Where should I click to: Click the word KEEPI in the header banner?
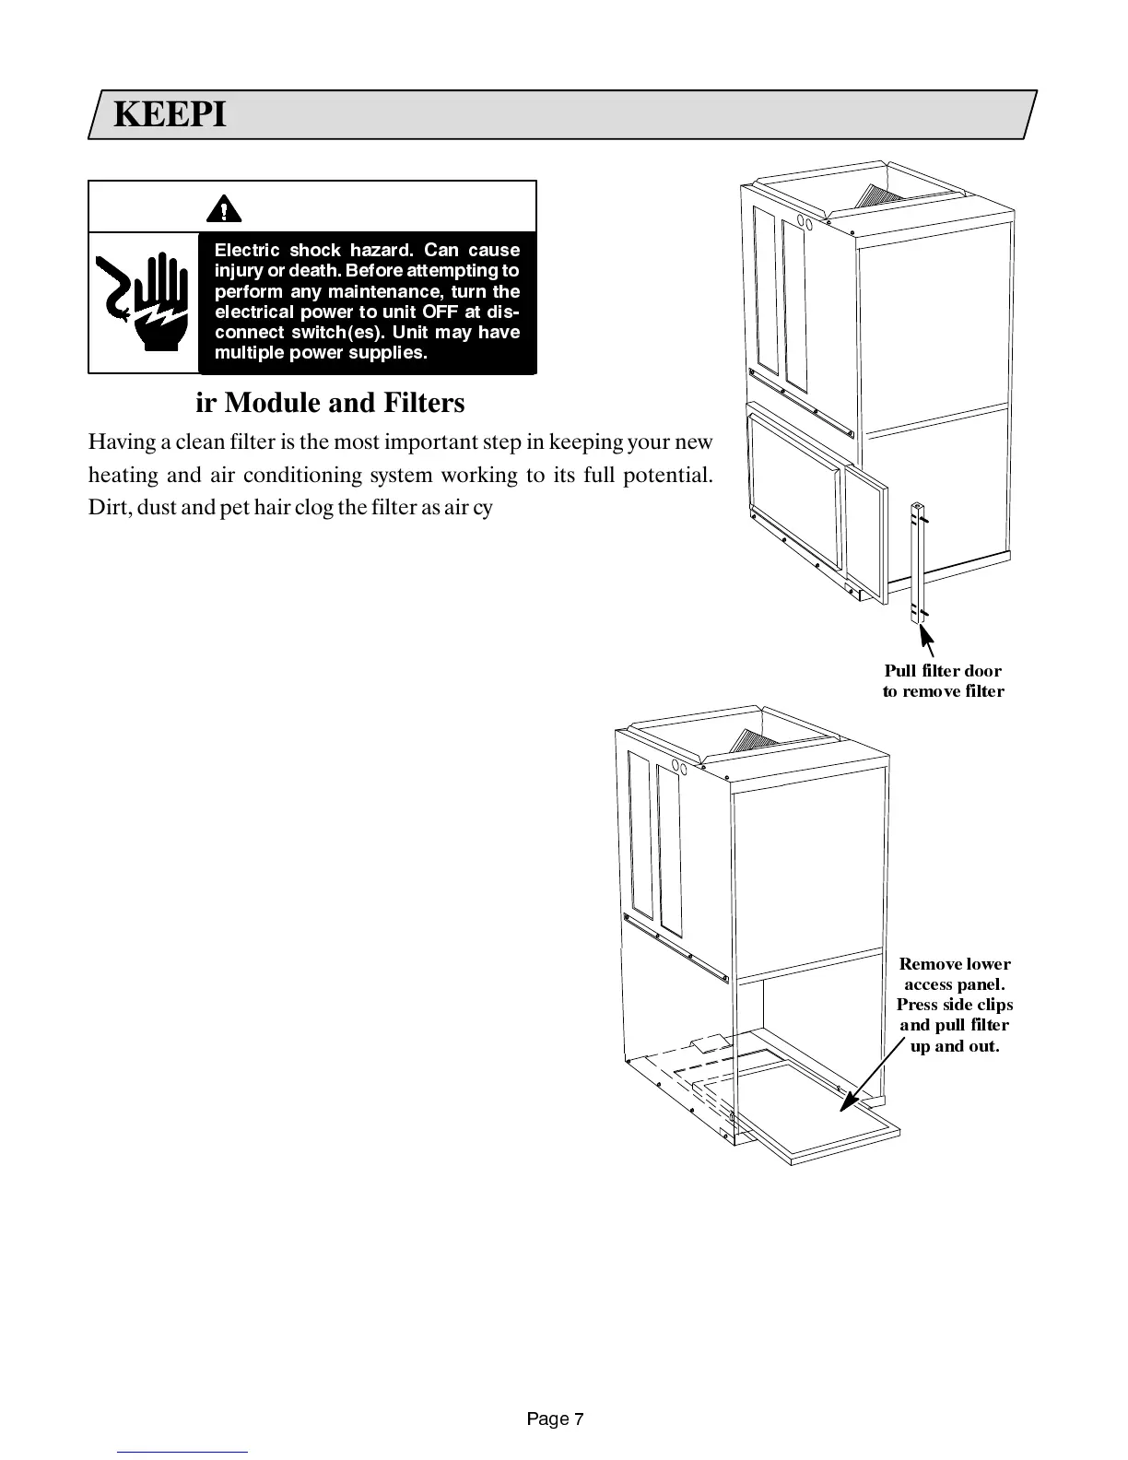point(170,115)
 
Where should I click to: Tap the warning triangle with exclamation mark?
point(223,209)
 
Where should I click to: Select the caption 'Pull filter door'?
point(943,671)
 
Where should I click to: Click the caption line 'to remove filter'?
point(943,691)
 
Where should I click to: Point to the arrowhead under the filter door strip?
point(927,637)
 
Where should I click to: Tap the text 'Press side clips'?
point(955,1005)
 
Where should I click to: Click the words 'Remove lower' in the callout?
point(955,964)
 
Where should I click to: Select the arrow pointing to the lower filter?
point(871,1075)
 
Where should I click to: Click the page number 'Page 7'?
point(555,1419)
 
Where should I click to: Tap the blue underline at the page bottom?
point(182,1452)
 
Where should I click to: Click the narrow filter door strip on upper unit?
point(919,563)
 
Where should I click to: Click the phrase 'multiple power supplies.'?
point(321,353)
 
